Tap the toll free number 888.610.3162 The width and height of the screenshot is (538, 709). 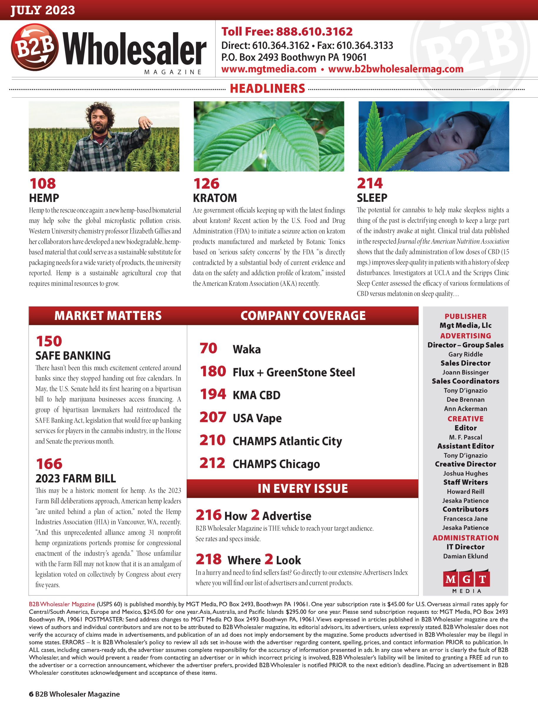tap(314, 32)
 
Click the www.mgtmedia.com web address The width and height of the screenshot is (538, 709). tap(269, 69)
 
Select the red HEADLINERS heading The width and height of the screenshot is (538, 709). tap(267, 89)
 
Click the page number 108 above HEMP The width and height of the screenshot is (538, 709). tap(43, 184)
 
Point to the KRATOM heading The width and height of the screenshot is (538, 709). tap(215, 198)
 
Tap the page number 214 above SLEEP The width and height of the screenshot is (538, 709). tap(370, 184)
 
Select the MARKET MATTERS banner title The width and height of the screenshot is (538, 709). tap(108, 316)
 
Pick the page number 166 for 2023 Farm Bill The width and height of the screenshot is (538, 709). tap(49, 464)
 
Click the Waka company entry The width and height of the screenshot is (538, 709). tap(246, 349)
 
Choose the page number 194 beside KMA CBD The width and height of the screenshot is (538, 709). tap(213, 395)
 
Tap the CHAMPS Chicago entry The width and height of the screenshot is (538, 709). tap(276, 464)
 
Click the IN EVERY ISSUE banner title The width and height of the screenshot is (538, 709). tap(303, 488)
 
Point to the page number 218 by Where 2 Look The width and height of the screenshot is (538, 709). tap(208, 559)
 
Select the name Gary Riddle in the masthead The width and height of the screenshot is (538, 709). tap(465, 354)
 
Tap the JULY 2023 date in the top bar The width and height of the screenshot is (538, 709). tap(43, 10)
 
